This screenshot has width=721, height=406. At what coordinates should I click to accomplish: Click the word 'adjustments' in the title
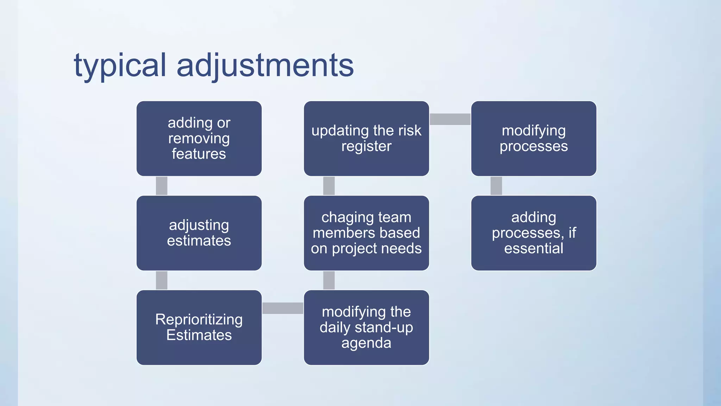(x=265, y=66)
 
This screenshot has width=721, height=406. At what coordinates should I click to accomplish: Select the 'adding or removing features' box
(x=199, y=139)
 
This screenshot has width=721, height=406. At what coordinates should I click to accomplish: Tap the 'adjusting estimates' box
(x=199, y=233)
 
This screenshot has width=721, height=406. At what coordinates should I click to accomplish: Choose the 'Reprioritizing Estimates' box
(x=199, y=327)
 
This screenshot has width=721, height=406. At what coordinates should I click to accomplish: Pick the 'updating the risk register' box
(x=366, y=139)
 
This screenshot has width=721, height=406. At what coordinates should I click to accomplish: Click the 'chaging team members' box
(x=366, y=233)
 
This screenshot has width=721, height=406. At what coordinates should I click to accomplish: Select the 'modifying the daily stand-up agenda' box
(x=366, y=327)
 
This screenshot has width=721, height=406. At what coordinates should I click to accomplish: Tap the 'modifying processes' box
(x=534, y=139)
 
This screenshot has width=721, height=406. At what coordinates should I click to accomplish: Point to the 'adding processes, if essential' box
(x=534, y=233)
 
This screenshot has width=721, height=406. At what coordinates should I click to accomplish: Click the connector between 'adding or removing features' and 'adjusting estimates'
(x=162, y=186)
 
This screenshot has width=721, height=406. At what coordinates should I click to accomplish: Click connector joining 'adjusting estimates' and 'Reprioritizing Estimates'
(x=162, y=280)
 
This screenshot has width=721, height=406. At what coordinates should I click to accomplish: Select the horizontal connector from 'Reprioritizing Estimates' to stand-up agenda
(x=283, y=308)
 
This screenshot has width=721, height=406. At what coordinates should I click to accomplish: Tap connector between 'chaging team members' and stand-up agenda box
(x=329, y=280)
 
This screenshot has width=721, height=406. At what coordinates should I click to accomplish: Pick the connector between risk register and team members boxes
(x=329, y=186)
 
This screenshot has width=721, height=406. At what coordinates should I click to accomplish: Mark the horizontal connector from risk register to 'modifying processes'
(x=450, y=119)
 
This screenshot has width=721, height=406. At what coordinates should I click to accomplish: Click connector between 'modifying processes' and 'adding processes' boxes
(x=496, y=186)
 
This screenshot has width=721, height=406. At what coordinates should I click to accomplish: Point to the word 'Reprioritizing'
(x=199, y=320)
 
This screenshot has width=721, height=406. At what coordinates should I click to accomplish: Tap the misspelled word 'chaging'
(x=343, y=218)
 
